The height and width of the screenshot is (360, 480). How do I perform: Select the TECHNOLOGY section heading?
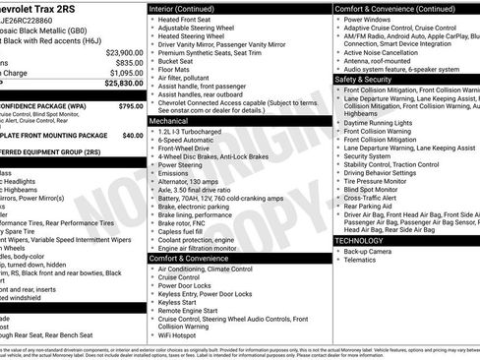359,240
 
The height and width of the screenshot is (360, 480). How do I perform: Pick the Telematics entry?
361,262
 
